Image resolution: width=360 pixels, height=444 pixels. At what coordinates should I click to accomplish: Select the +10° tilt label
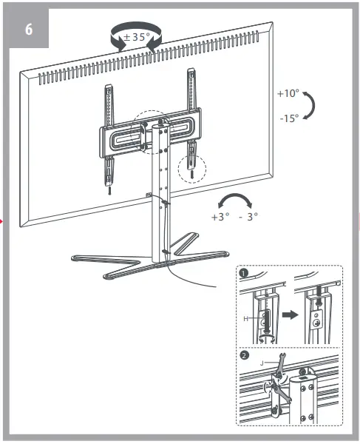click(288, 95)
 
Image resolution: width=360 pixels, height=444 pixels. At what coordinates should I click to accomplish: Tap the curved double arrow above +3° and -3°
click(237, 202)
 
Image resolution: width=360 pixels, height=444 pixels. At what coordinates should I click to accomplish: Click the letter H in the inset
click(245, 318)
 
